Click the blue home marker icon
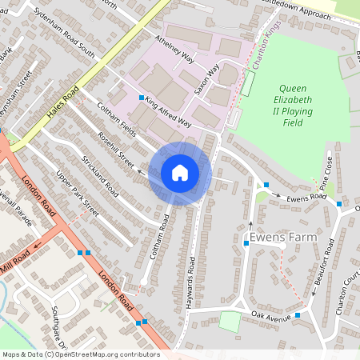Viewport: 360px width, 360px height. [x=180, y=173]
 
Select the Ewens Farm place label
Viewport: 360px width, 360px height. [x=283, y=238]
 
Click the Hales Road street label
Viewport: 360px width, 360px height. [x=62, y=105]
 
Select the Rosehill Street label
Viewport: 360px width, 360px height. [x=115, y=148]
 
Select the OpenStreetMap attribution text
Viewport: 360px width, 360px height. [x=81, y=354]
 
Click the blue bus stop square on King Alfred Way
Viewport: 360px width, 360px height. [x=141, y=98]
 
